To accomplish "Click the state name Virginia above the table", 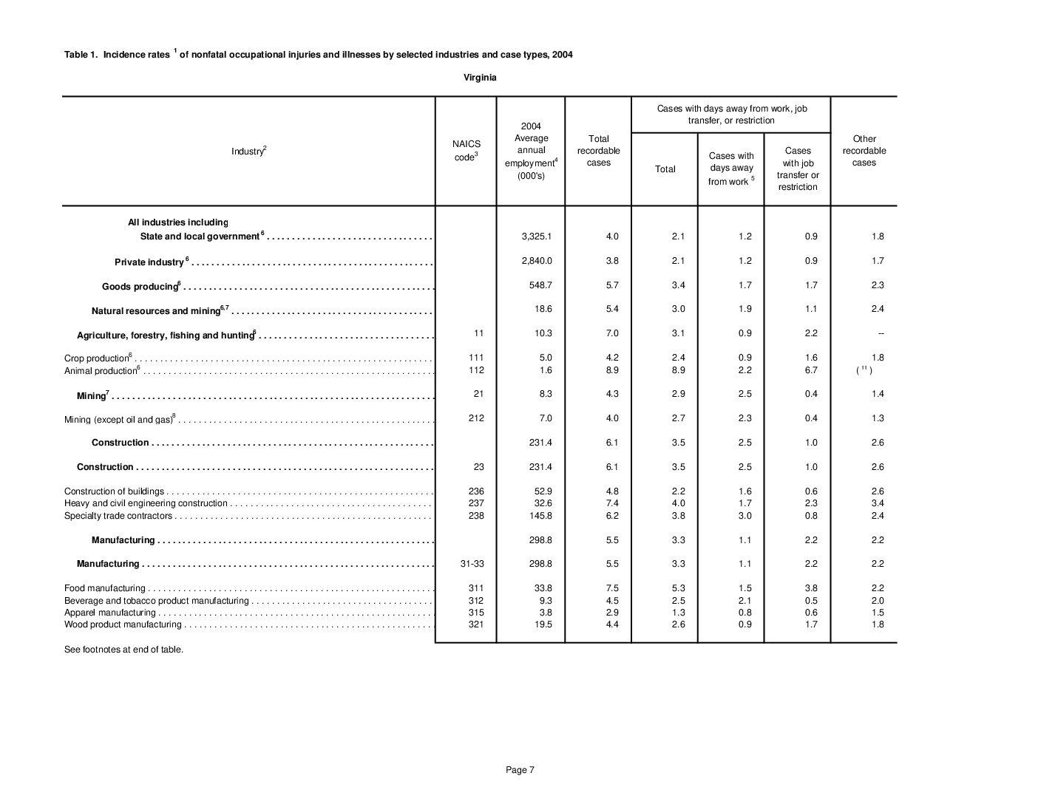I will point(480,78).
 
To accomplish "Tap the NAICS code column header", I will point(466,151).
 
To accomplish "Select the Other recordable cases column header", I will point(864,151).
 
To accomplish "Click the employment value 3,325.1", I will point(537,236).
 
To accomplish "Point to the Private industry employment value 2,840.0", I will point(537,261).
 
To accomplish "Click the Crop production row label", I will point(97,358).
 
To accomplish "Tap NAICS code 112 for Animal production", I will point(476,370).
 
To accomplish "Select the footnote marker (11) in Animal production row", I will point(864,370).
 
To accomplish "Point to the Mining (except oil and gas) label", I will point(118,420).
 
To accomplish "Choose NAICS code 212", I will point(476,418).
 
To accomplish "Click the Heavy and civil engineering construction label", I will point(146,503).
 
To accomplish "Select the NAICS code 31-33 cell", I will point(472,564).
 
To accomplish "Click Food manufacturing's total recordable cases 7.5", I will point(612,588).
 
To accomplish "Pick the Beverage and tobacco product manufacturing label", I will point(156,601).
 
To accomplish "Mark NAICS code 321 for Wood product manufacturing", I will point(476,624).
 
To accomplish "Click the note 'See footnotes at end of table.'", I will point(123,650).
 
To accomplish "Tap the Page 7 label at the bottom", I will point(520,770).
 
